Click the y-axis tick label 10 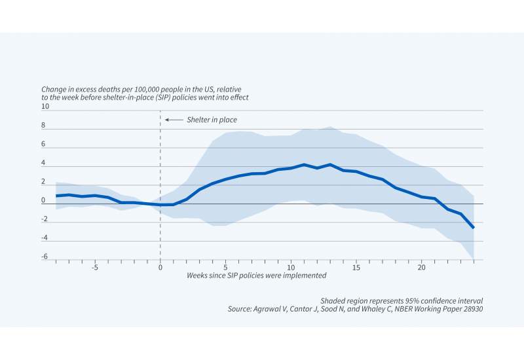click(45, 106)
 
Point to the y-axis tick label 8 click(44, 125)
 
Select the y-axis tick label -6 click(44, 257)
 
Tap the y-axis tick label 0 click(44, 200)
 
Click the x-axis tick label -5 click(94, 268)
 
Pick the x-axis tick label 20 click(422, 268)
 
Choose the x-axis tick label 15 click(356, 268)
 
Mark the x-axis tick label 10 click(291, 268)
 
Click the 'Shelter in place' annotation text click(212, 120)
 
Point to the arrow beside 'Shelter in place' click(174, 120)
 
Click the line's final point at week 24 click(474, 227)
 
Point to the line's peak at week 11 click(304, 164)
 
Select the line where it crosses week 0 click(160, 205)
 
